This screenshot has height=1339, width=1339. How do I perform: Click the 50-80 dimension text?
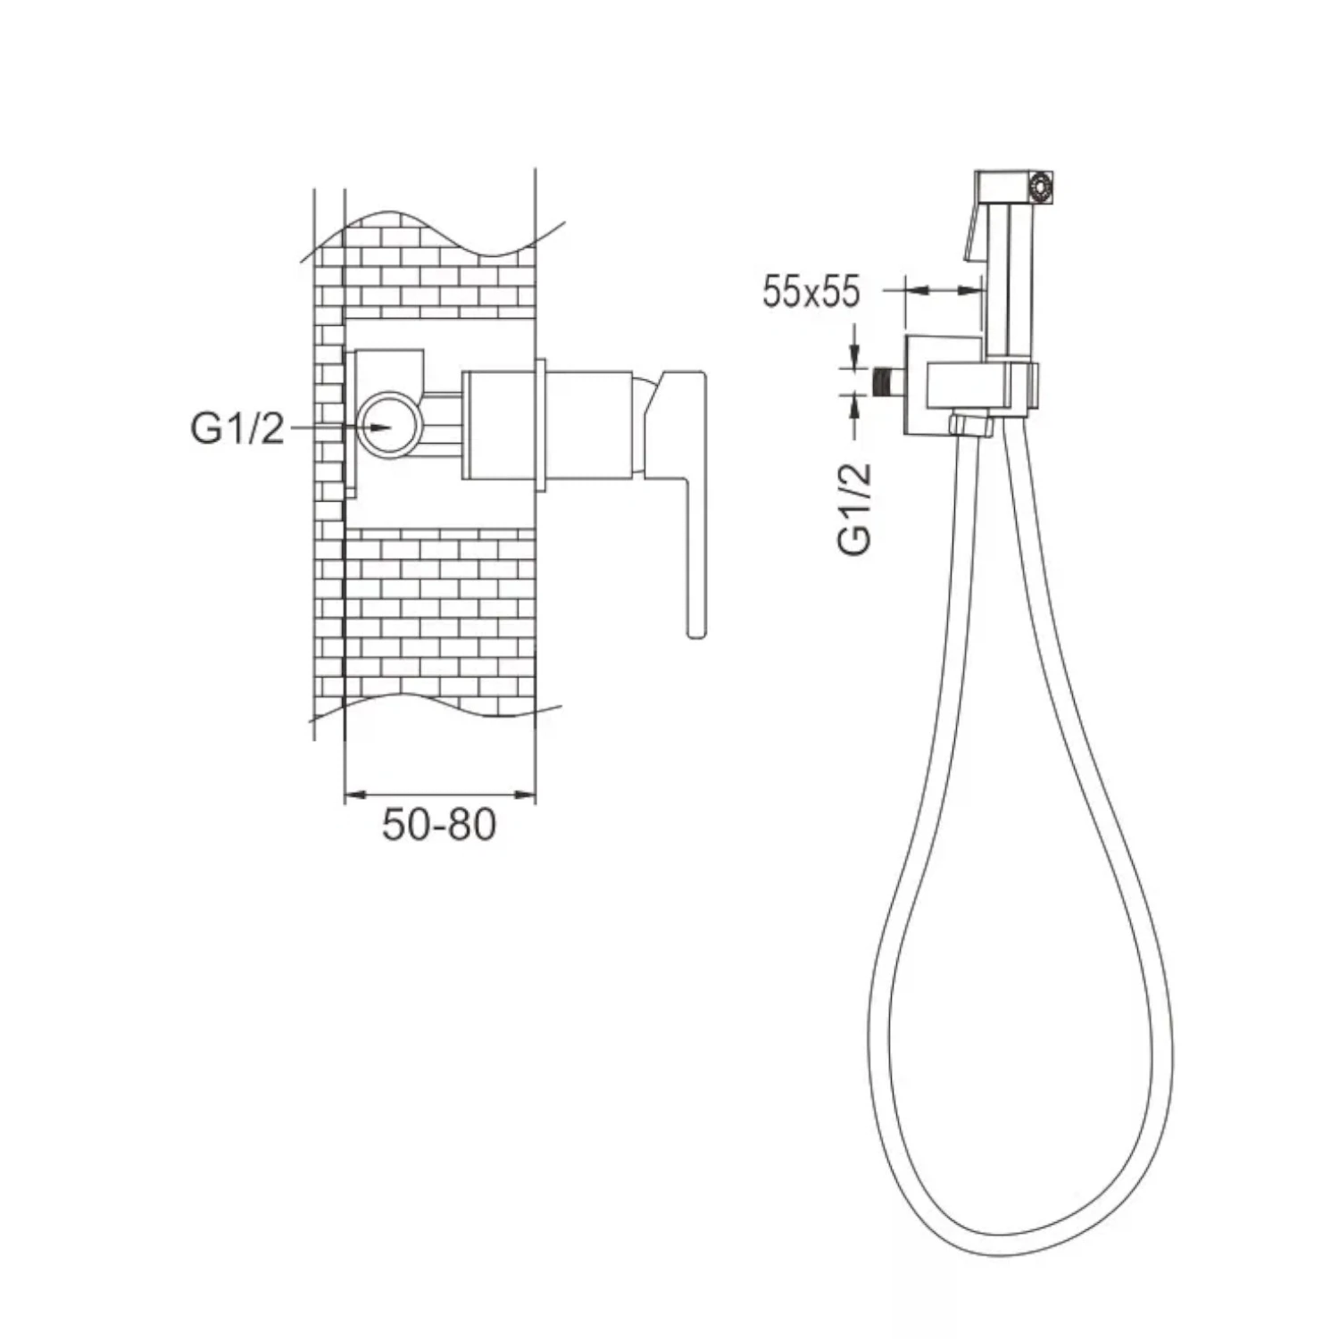(x=438, y=824)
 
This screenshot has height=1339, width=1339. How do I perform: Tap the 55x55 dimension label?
(x=811, y=292)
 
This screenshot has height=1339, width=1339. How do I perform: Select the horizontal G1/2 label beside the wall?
(x=237, y=428)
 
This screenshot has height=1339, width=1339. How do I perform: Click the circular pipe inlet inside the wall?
(x=389, y=426)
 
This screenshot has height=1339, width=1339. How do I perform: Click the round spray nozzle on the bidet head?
(x=1040, y=187)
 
